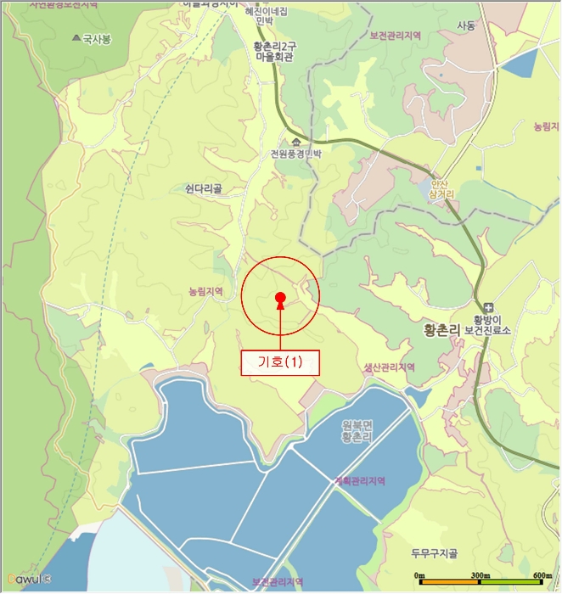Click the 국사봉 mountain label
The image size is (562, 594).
pyautogui.click(x=97, y=38)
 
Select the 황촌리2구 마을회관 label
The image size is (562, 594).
pyautogui.click(x=273, y=53)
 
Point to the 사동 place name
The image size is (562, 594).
pyautogui.click(x=466, y=26)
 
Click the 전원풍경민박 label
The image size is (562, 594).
pyautogui.click(x=296, y=154)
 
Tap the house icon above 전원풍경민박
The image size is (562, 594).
pyautogui.click(x=295, y=141)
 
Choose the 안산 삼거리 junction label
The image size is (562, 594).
pyautogui.click(x=443, y=188)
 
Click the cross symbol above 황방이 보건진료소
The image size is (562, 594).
pyautogui.click(x=488, y=306)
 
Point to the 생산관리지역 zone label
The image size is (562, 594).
pyautogui.click(x=389, y=367)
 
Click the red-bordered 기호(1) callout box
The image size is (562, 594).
pyautogui.click(x=279, y=362)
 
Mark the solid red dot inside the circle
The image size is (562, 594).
pyautogui.click(x=279, y=296)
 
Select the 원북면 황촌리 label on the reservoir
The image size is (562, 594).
pyautogui.click(x=357, y=430)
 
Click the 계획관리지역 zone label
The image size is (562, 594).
pyautogui.click(x=360, y=480)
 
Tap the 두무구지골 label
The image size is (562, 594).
pyautogui.click(x=434, y=554)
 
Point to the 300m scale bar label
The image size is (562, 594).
pyautogui.click(x=481, y=575)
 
